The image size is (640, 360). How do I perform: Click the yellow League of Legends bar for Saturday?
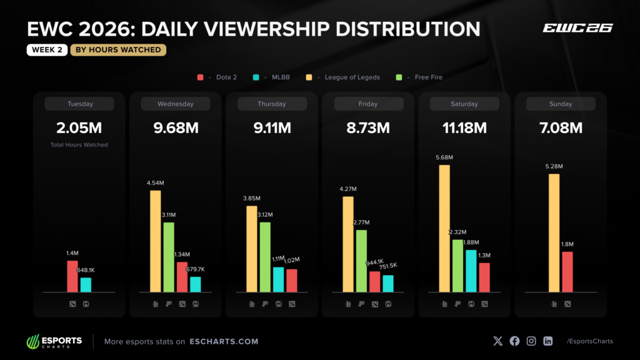coord(444,229)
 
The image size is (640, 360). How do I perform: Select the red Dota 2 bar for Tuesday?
coord(72,276)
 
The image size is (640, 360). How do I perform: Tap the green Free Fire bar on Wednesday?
coord(169,257)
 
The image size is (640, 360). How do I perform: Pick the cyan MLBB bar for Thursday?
coord(278,279)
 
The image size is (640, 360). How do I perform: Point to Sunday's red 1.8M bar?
coord(567,272)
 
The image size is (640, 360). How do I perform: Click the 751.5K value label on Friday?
coord(387,266)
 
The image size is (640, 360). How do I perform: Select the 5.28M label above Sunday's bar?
coord(554,166)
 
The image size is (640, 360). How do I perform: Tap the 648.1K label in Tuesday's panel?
coord(86,270)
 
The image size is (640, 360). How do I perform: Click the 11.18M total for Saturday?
coord(464,128)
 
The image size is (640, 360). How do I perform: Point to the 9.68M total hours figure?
coord(176,128)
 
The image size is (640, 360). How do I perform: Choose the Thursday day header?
coord(272,104)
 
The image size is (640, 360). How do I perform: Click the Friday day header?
coord(368,104)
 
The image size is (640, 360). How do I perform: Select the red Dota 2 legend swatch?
coord(201,77)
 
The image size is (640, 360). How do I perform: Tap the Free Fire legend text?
coord(429,77)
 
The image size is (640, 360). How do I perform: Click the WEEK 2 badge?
coord(47,50)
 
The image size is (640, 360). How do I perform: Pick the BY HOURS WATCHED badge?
coord(118,50)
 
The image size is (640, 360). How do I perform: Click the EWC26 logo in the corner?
coord(577,27)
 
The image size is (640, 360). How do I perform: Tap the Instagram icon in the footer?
coord(531,341)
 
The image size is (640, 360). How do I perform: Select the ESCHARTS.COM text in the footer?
coord(224,341)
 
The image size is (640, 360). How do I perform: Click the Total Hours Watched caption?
coord(79,144)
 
